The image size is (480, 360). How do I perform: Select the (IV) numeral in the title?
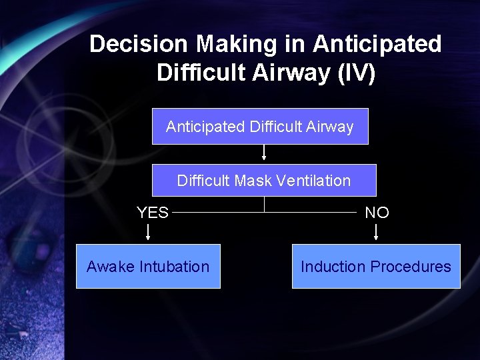tap(357, 72)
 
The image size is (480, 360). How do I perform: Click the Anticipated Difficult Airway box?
tap(260, 127)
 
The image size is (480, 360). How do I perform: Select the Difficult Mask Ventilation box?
tap(264, 181)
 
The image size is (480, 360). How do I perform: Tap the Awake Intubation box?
tap(148, 267)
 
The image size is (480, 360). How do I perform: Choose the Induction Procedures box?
tap(376, 267)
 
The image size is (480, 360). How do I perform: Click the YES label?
tap(153, 213)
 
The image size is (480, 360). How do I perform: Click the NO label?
tap(377, 213)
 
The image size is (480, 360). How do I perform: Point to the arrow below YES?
tap(148, 231)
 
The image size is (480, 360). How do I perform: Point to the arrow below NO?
tap(376, 231)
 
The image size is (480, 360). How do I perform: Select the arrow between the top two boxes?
tap(264, 153)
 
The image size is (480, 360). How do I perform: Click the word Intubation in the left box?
tap(175, 267)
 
